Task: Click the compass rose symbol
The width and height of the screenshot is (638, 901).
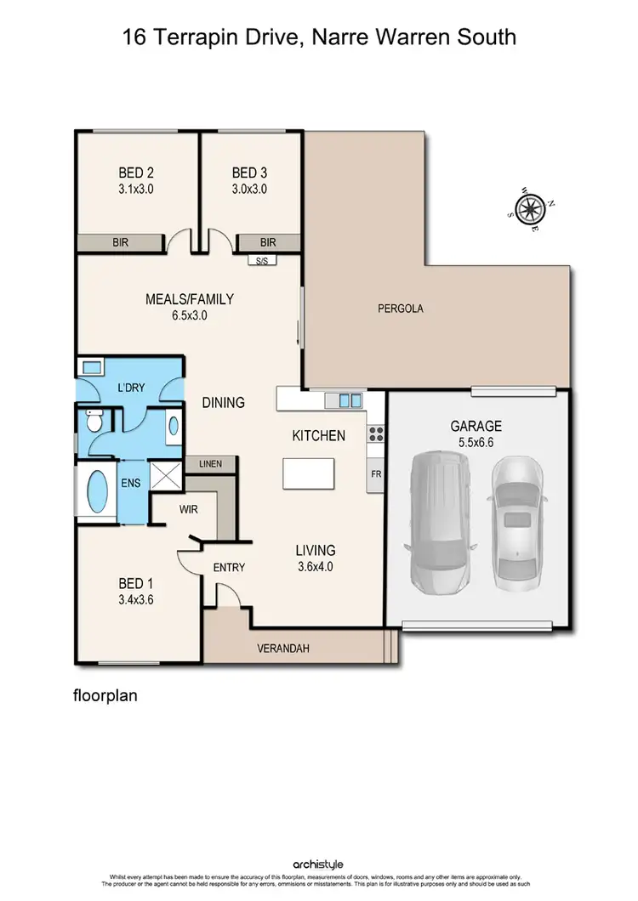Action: pos(531,207)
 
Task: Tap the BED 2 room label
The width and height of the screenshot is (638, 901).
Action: pos(136,173)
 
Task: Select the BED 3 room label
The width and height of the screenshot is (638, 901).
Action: pos(249,173)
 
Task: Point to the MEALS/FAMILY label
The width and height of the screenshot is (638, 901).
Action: pos(189,298)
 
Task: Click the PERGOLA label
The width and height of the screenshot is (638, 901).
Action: pos(400,309)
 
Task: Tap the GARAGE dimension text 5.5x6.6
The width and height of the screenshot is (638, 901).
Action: pos(476,442)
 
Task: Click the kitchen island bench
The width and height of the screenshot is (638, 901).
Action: pos(309,473)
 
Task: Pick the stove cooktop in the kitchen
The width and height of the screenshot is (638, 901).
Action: pos(375,434)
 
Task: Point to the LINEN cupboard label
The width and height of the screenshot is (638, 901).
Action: pos(210,464)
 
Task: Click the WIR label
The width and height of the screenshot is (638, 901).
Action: pos(189,511)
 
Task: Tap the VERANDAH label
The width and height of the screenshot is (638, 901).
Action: pos(283,649)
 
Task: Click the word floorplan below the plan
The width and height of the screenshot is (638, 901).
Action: pos(105,694)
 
